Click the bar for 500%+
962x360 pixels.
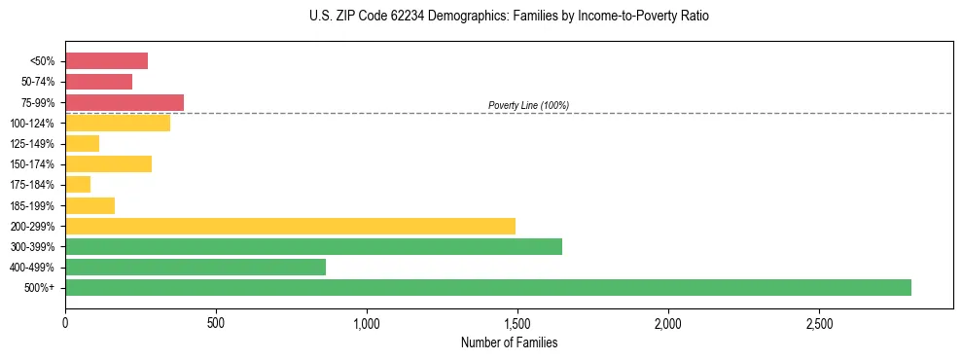click(x=487, y=287)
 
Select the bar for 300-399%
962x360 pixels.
click(x=313, y=246)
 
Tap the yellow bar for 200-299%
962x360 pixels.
click(x=290, y=226)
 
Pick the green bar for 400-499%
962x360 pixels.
click(x=195, y=267)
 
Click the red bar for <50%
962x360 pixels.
click(x=106, y=61)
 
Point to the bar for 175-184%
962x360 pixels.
click(x=78, y=185)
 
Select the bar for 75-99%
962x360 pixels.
click(x=125, y=102)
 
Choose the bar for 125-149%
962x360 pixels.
click(x=82, y=144)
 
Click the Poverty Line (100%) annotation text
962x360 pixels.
click(x=528, y=105)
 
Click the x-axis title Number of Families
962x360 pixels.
click(x=509, y=342)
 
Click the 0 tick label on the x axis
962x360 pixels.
click(x=65, y=322)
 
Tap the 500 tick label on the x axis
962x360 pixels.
click(x=216, y=322)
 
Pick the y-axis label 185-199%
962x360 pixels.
click(x=33, y=205)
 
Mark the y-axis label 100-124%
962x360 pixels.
click(x=33, y=124)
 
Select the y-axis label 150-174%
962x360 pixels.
click(x=33, y=164)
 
